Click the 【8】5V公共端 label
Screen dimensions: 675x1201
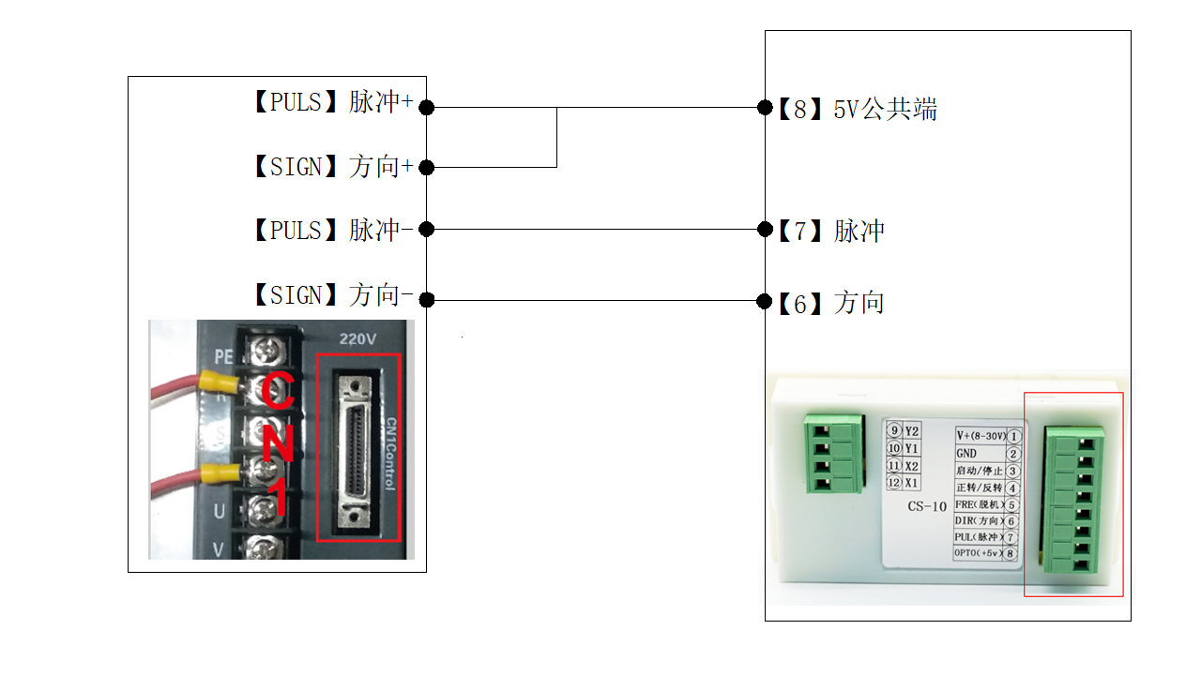[857, 110]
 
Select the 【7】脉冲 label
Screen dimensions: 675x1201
[830, 231]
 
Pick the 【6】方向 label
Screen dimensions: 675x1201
[830, 303]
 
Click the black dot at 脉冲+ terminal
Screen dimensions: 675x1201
[426, 108]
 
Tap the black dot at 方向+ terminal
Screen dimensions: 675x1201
[426, 168]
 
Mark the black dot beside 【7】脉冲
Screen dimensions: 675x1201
[765, 229]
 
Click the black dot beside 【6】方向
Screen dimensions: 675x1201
[765, 301]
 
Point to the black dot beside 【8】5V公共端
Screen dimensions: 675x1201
[765, 108]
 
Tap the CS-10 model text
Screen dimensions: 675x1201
[927, 507]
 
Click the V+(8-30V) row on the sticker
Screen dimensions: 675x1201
[981, 436]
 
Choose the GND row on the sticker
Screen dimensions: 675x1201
[966, 454]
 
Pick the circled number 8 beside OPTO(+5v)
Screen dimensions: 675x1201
[1011, 554]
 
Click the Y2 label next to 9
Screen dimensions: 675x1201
[912, 430]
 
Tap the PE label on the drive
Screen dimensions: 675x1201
[223, 356]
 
